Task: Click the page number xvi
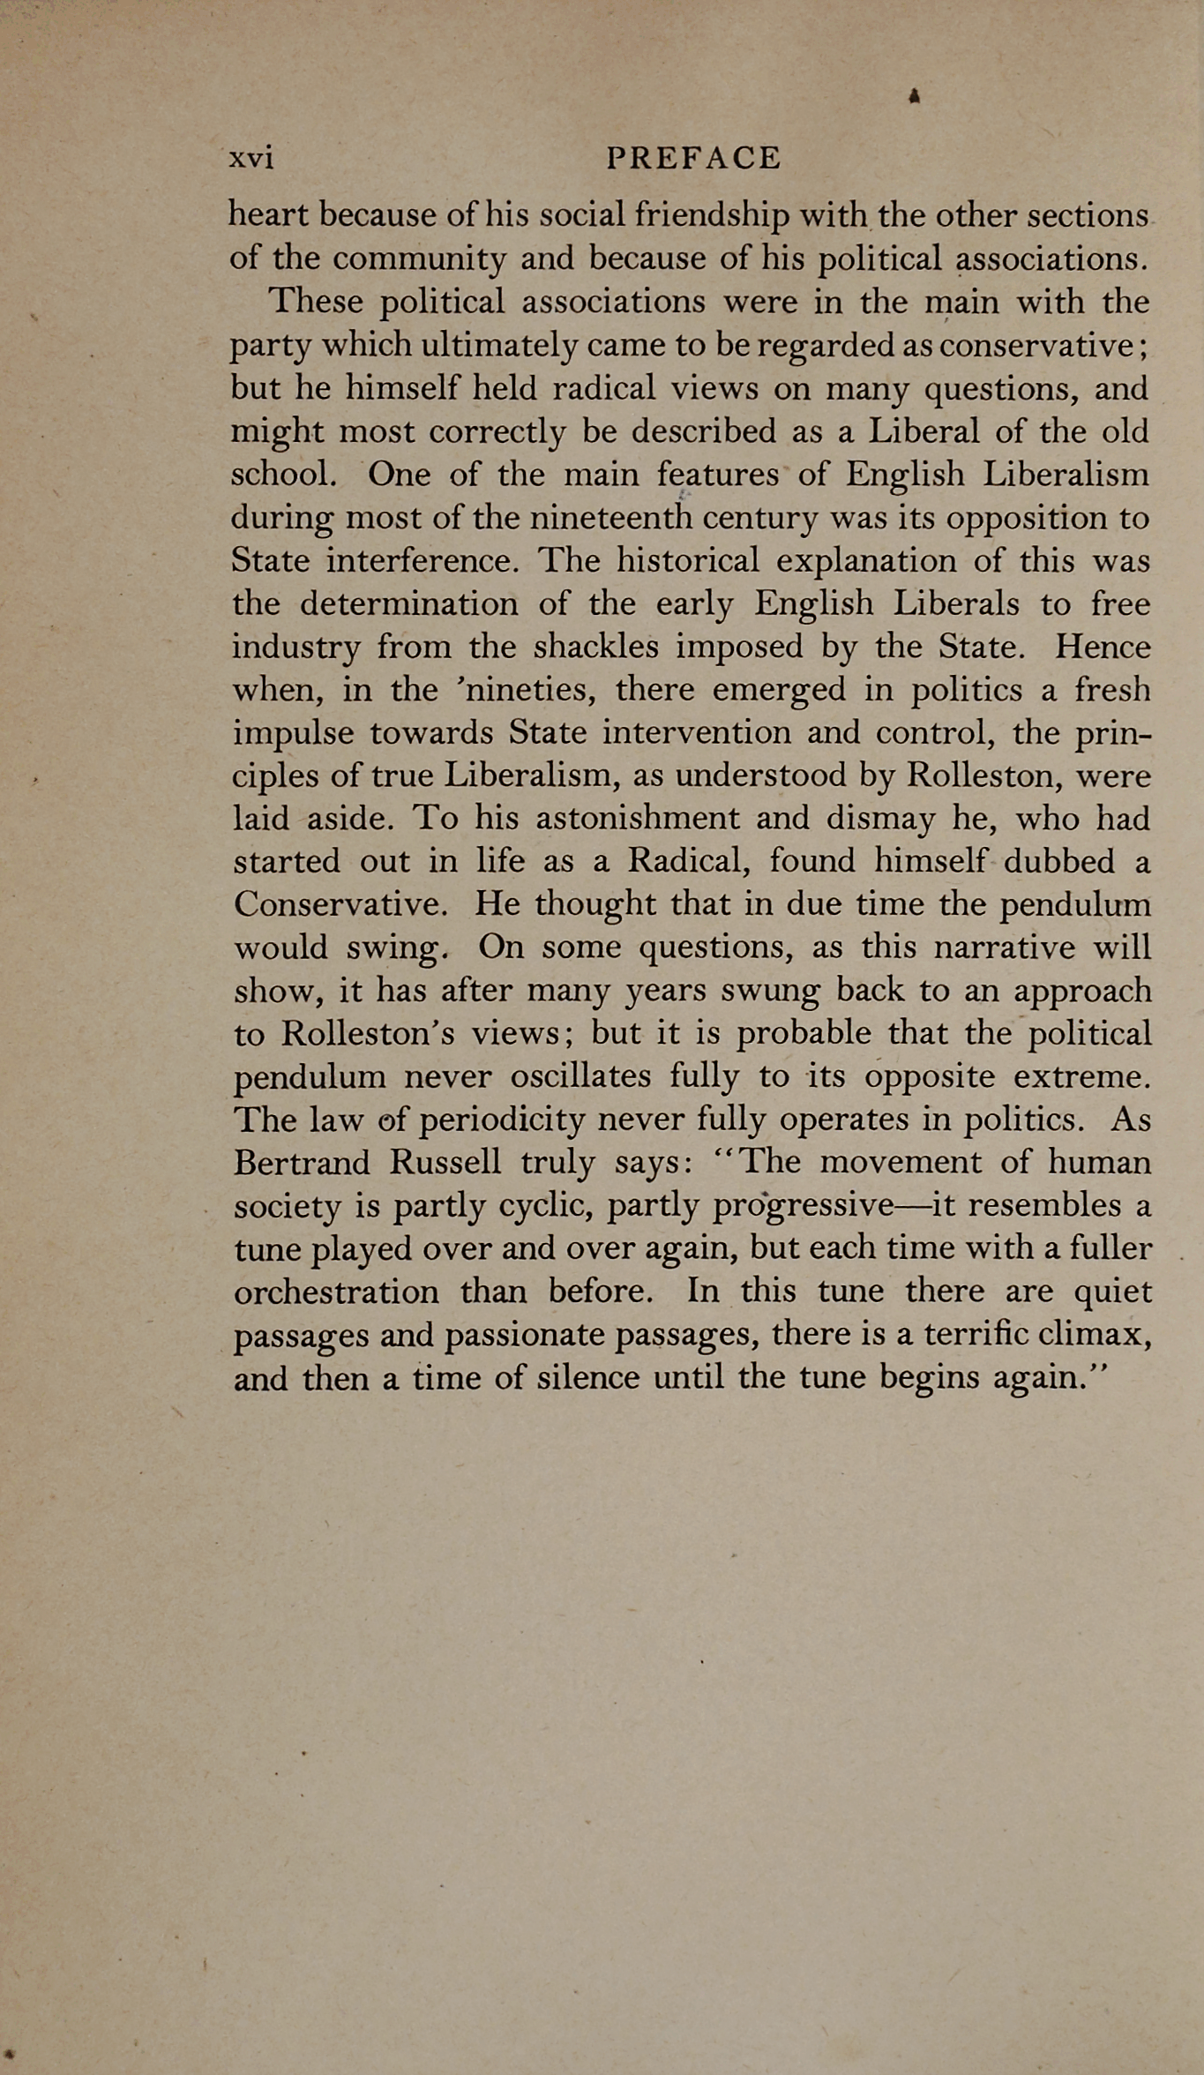(x=251, y=159)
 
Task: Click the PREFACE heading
(x=694, y=159)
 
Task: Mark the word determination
(x=408, y=604)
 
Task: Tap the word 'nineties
(x=524, y=691)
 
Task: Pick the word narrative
(x=1004, y=948)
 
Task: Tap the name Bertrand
(x=302, y=1163)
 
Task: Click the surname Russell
(x=445, y=1163)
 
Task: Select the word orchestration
(x=336, y=1292)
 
